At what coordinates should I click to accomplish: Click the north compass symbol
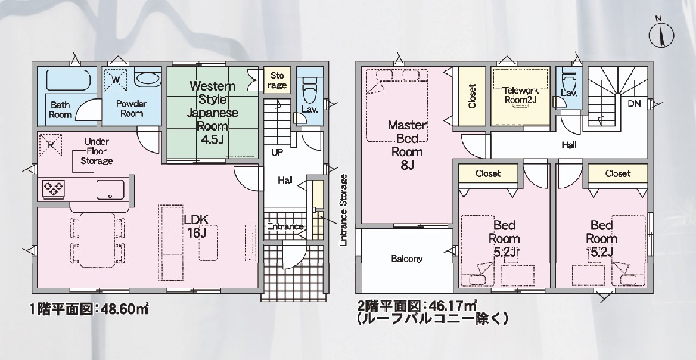[661, 33]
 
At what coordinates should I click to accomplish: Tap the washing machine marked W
[116, 79]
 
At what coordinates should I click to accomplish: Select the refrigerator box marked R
[50, 145]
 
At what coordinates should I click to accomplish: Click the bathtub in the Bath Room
[69, 80]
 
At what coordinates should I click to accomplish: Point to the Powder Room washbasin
[148, 79]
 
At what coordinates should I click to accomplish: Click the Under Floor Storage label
[97, 151]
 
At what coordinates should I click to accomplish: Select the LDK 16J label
[196, 225]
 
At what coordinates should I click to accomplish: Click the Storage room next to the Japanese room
[278, 80]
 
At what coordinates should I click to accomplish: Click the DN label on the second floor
[634, 104]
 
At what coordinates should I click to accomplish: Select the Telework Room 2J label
[521, 95]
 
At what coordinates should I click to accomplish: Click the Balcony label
[407, 259]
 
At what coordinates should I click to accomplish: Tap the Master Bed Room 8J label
[407, 145]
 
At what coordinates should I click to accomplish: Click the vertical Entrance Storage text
[343, 210]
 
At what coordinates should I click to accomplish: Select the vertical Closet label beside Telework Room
[472, 96]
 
